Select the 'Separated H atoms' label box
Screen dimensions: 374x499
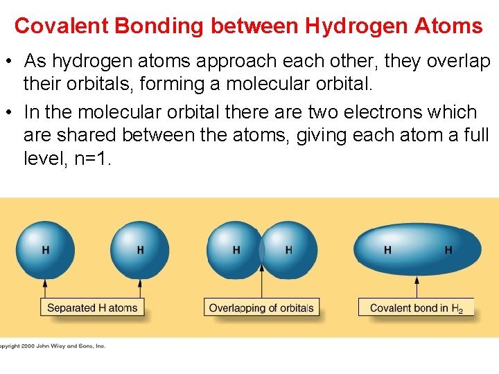coord(92,308)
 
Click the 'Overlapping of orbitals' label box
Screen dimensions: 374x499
coord(261,308)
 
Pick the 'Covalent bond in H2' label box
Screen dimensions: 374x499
coord(416,308)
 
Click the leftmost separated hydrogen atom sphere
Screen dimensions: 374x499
coord(45,249)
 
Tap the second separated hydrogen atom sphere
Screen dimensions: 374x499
coord(140,249)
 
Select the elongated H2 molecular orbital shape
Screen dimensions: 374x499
coord(417,249)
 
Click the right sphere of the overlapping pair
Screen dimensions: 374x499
coord(290,249)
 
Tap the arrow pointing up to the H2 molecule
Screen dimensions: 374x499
coord(417,287)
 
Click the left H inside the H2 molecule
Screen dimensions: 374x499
coord(387,249)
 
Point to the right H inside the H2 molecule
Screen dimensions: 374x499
coord(448,249)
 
